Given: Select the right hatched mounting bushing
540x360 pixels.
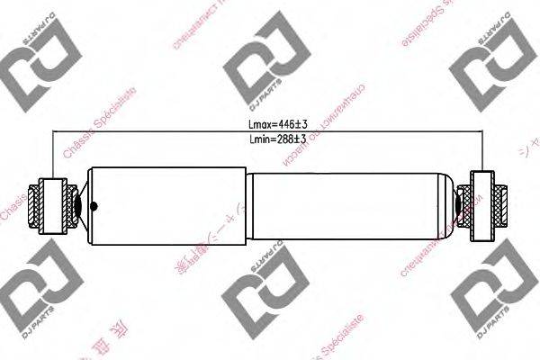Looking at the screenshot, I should click(x=481, y=203).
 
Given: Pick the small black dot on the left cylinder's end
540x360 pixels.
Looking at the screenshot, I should click(x=89, y=203).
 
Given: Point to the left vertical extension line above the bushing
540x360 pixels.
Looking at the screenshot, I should click(x=55, y=153).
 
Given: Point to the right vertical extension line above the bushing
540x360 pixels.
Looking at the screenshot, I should click(x=483, y=153).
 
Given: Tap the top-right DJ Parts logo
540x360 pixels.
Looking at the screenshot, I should click(x=490, y=65).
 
